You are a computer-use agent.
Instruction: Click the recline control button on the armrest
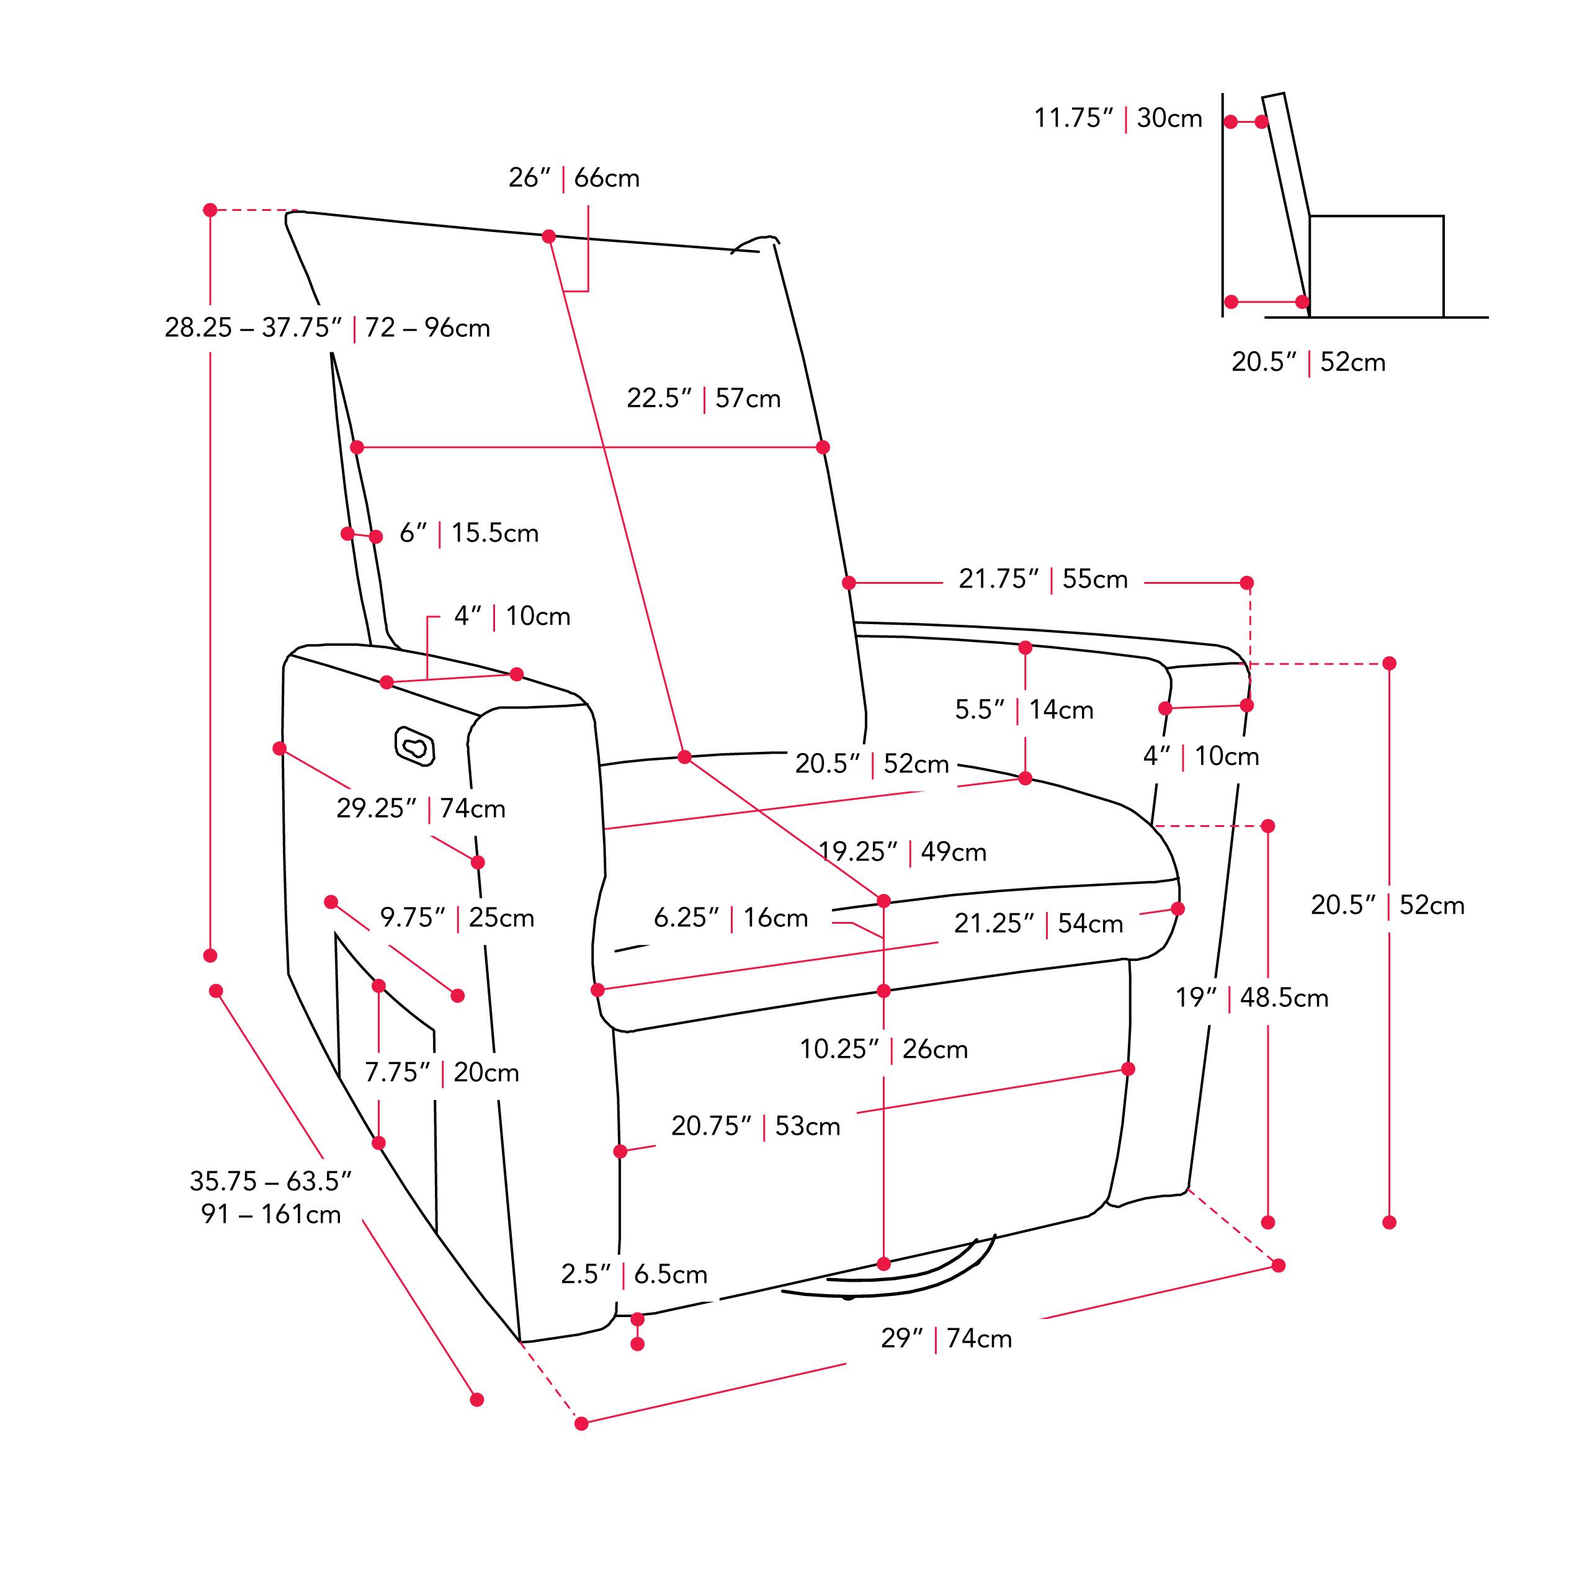click(x=414, y=746)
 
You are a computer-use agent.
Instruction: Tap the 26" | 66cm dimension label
click(x=574, y=177)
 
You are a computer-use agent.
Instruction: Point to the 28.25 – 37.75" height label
click(x=327, y=328)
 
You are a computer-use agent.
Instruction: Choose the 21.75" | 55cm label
click(x=1043, y=579)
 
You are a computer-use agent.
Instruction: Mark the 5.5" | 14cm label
click(x=1024, y=709)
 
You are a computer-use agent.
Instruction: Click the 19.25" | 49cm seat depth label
click(x=903, y=852)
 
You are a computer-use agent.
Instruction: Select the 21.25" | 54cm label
click(x=1039, y=924)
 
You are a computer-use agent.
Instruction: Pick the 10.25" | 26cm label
click(x=883, y=1049)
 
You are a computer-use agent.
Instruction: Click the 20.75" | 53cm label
click(x=756, y=1126)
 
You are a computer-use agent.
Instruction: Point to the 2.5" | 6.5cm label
click(x=634, y=1274)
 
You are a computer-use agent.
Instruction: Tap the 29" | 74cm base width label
click(x=945, y=1338)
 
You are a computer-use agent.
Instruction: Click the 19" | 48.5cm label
click(x=1252, y=998)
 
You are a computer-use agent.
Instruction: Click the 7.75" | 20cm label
click(x=442, y=1072)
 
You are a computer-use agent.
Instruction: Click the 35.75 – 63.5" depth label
click(x=270, y=1197)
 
